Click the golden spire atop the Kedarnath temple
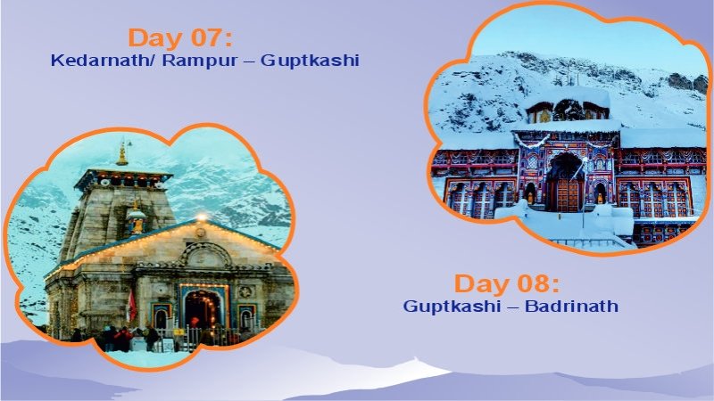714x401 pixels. coord(122,153)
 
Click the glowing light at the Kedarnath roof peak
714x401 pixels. coord(201,217)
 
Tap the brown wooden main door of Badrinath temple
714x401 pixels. coord(564,192)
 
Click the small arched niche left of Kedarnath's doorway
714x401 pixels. coord(161,317)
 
